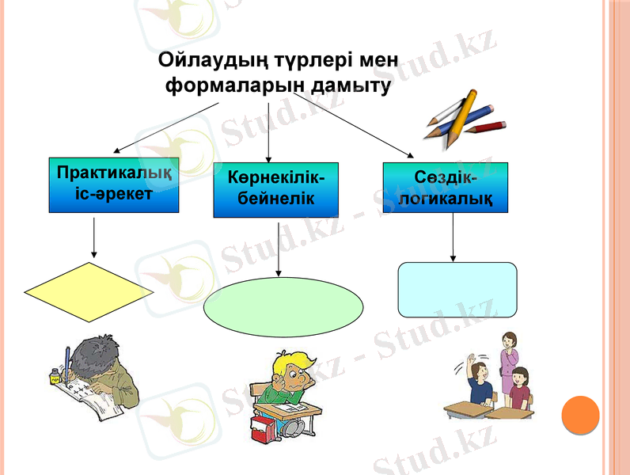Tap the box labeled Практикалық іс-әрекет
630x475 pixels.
tap(114, 185)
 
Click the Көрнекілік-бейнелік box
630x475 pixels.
tap(276, 189)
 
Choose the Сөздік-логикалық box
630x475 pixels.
tap(445, 188)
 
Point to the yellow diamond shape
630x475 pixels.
tap(89, 291)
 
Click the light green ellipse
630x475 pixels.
tap(283, 306)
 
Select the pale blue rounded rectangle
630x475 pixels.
tap(457, 289)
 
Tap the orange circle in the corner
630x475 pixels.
tap(580, 415)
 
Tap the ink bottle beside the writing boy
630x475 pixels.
tap(55, 375)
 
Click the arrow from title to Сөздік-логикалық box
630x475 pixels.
tap(353, 123)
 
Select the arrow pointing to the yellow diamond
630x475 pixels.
tap(94, 237)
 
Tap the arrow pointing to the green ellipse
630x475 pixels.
tap(279, 249)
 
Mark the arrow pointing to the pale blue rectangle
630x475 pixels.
tap(453, 237)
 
